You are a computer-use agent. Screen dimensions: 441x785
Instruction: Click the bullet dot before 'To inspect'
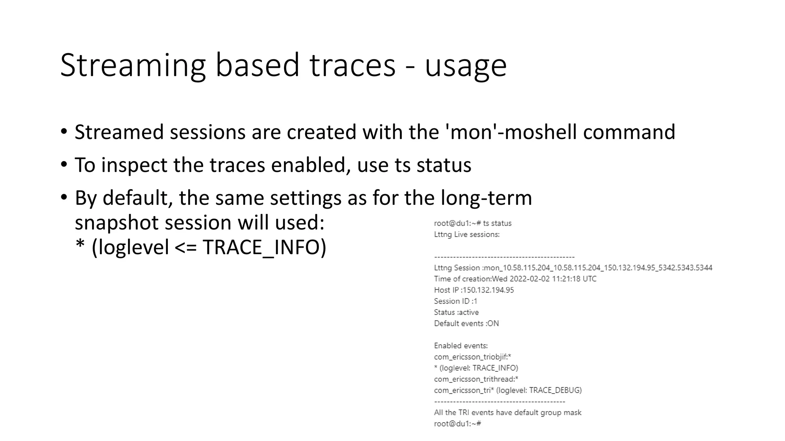click(64, 165)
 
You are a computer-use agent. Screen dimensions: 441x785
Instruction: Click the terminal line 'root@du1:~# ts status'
click(473, 223)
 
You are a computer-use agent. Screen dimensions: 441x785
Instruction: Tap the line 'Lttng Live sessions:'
click(466, 234)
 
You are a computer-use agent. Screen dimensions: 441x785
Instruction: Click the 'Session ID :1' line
click(455, 301)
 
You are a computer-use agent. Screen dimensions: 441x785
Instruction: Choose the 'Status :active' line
click(456, 312)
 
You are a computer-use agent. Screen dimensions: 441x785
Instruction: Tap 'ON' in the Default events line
click(493, 323)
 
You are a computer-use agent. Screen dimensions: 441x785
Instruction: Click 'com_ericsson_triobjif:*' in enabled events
click(472, 357)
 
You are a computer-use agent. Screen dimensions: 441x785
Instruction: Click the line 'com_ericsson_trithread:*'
click(476, 379)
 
